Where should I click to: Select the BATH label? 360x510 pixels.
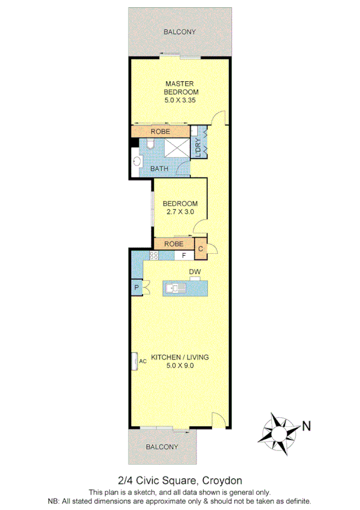tap(159, 169)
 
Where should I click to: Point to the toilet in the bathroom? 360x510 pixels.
tap(150, 144)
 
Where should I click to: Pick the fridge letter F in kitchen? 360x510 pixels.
tap(184, 256)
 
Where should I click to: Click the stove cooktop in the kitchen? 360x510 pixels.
tap(153, 256)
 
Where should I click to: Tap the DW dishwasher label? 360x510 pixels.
tap(194, 272)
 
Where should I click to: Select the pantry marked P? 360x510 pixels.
tap(137, 289)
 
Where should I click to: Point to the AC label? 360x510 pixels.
tap(143, 361)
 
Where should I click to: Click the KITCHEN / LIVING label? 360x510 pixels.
tap(180, 357)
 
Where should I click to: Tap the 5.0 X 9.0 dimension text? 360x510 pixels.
tap(180, 365)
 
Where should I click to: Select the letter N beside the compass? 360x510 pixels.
tap(306, 426)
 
